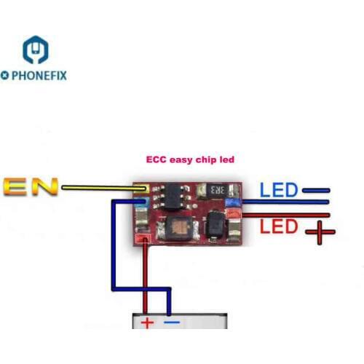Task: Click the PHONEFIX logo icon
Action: click(35, 50)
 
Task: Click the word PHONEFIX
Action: click(37, 75)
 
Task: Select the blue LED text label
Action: click(280, 191)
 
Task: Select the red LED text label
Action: click(280, 226)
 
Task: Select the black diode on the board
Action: click(214, 229)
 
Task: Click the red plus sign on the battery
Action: click(148, 322)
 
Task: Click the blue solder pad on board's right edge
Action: click(233, 200)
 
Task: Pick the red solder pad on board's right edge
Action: click(233, 214)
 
